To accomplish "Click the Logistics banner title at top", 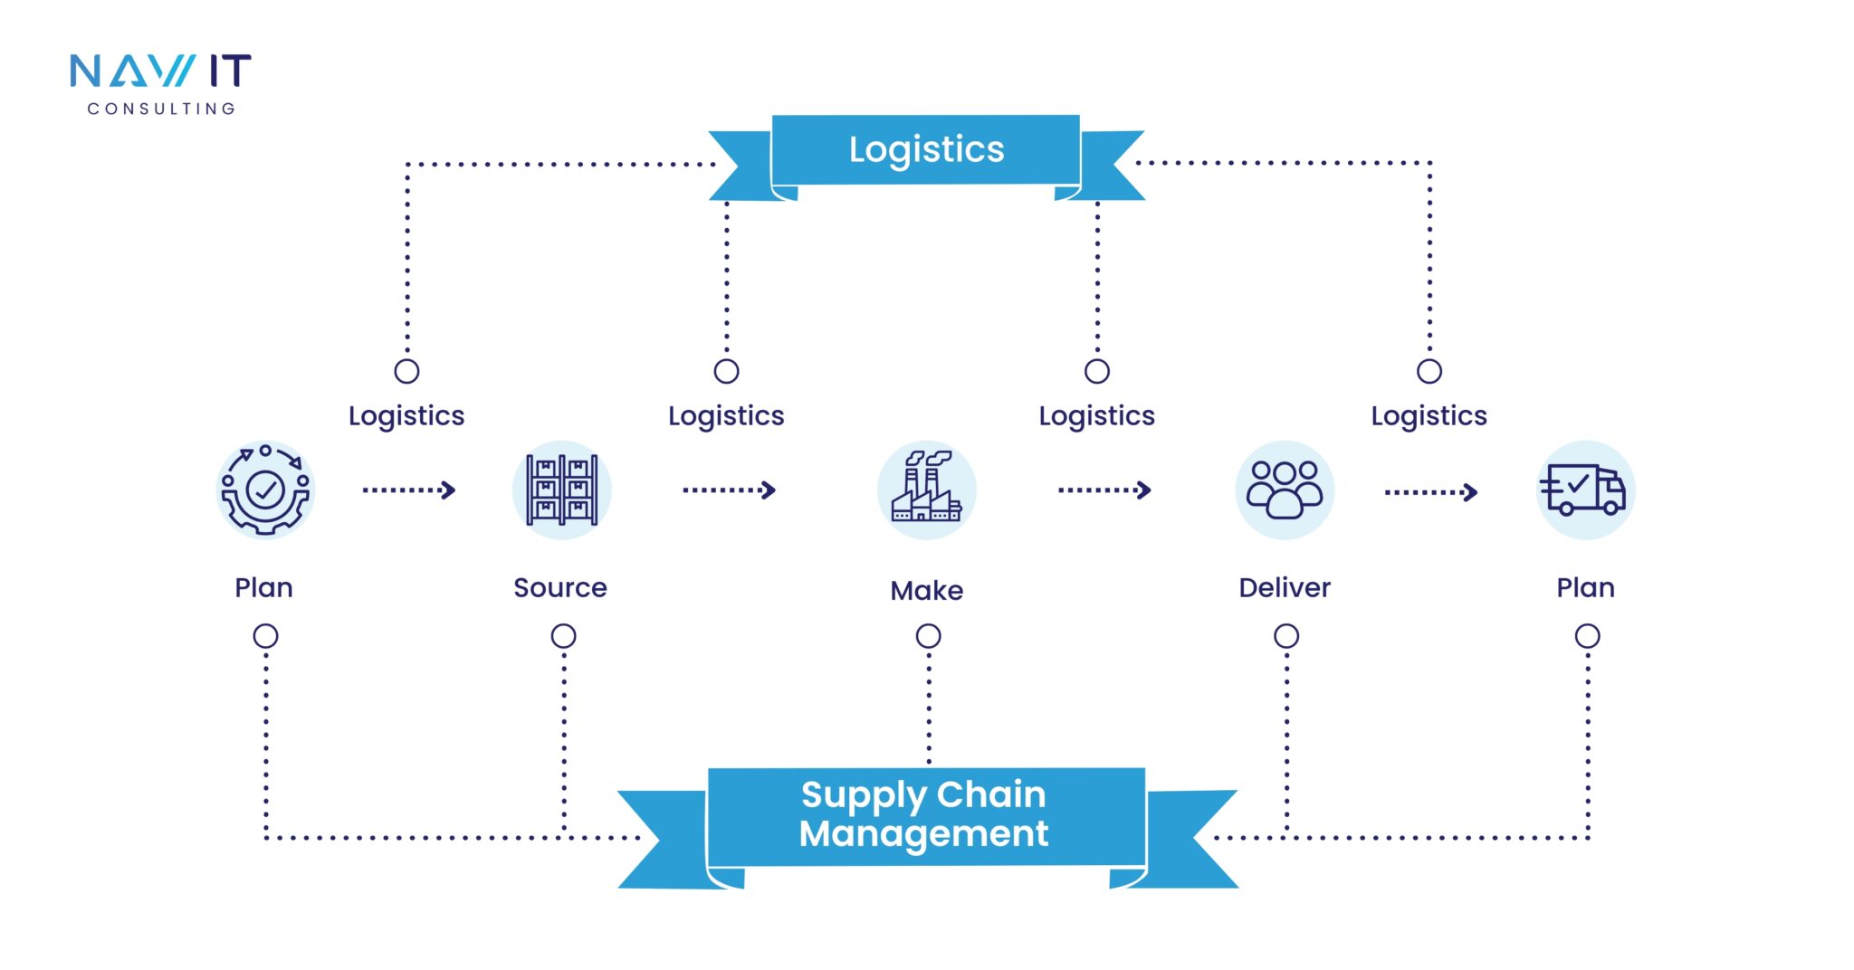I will click(x=926, y=150).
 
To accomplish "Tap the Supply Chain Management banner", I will click(x=924, y=814).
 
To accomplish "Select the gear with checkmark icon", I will click(x=265, y=490).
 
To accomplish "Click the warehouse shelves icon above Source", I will click(x=562, y=490).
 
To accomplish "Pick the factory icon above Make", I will click(x=926, y=490).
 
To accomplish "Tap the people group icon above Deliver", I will click(x=1285, y=490).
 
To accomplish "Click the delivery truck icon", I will click(x=1585, y=490).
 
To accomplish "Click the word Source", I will click(x=560, y=588).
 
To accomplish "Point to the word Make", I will click(x=926, y=591).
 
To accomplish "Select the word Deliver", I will click(x=1285, y=588).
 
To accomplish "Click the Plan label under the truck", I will click(x=1585, y=588).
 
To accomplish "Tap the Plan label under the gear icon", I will click(x=263, y=588).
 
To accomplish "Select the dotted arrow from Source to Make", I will click(x=729, y=490).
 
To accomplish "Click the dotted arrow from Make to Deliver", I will click(x=1104, y=490).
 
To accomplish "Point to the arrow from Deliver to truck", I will click(x=1430, y=492).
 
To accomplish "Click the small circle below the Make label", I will click(x=928, y=636).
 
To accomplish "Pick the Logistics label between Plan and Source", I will click(x=406, y=416).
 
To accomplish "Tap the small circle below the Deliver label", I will click(x=1286, y=636).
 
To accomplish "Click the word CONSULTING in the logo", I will click(x=161, y=109).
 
